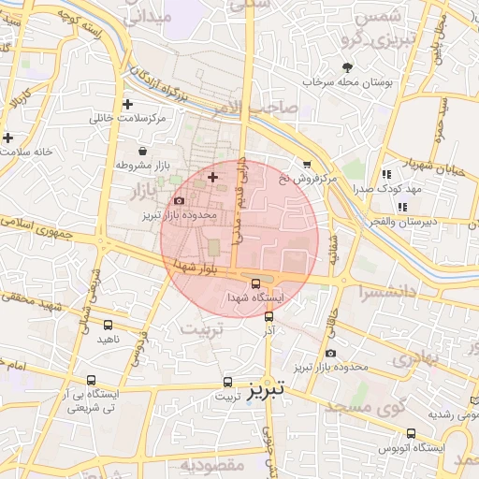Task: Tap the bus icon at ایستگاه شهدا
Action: (256, 283)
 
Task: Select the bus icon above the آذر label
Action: (269, 317)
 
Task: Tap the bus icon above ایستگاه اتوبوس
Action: (411, 433)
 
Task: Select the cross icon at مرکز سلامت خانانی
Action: (128, 104)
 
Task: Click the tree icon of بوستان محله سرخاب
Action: (348, 67)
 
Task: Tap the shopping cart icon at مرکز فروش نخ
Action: (307, 164)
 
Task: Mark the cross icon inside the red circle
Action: (212, 177)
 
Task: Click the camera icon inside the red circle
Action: (180, 200)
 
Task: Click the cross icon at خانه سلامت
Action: (7, 138)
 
